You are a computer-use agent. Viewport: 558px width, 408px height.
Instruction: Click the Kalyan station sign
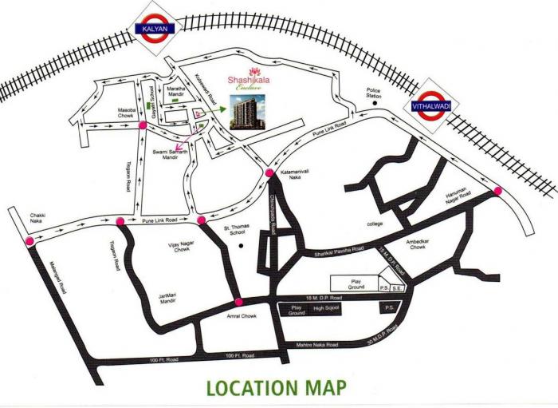157,30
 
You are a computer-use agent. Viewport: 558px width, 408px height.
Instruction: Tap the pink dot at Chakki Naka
29,240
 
